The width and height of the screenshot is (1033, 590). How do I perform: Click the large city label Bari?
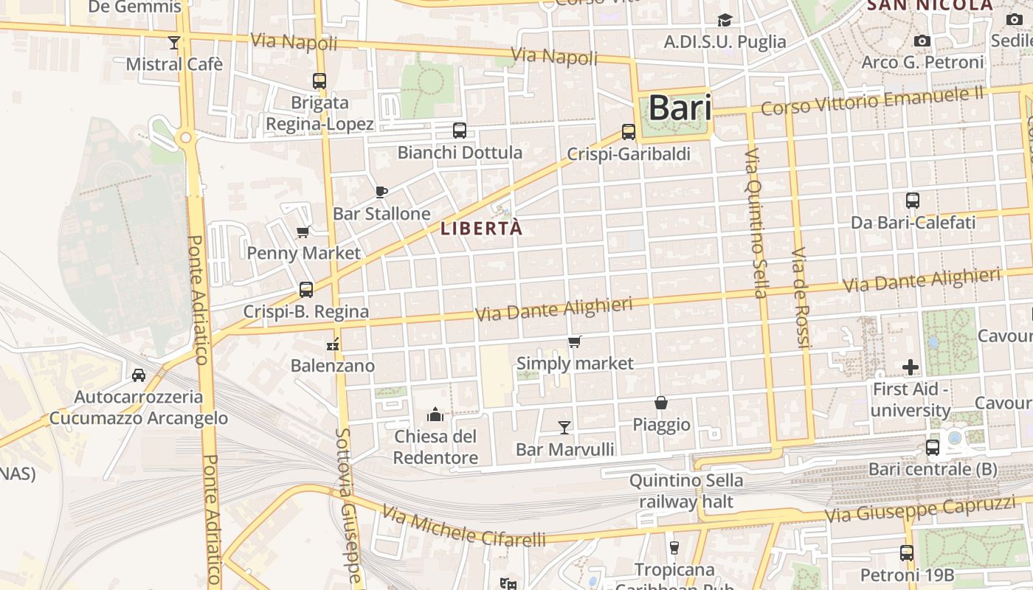pos(680,108)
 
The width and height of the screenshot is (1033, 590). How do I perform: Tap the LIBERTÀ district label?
pos(481,229)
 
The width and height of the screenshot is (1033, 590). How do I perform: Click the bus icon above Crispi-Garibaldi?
pos(629,132)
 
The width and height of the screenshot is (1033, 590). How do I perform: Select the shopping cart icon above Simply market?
pos(575,341)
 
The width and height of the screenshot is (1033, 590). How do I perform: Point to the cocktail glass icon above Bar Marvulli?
pos(564,427)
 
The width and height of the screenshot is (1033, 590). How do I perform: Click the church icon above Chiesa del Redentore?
pos(435,414)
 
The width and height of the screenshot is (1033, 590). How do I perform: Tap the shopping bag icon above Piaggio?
pos(661,403)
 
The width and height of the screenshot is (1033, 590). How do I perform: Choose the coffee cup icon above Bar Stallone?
pos(381,192)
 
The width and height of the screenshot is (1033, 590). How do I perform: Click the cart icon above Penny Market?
pos(303,232)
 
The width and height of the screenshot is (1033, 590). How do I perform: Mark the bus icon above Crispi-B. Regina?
pos(306,290)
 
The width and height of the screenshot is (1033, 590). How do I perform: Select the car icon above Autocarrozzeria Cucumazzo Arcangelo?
pos(139,375)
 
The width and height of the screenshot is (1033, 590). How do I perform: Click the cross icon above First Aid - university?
pos(911,367)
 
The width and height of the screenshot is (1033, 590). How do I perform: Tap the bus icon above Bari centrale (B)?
pos(933,447)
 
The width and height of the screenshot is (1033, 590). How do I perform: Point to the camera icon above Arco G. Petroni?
pos(922,41)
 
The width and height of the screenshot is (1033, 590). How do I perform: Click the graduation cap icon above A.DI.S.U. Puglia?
pos(725,21)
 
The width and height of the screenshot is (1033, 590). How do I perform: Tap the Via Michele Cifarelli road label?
pos(465,527)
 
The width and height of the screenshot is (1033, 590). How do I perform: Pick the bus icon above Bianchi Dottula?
pos(460,131)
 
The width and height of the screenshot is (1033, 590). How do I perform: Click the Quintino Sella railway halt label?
pos(686,491)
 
